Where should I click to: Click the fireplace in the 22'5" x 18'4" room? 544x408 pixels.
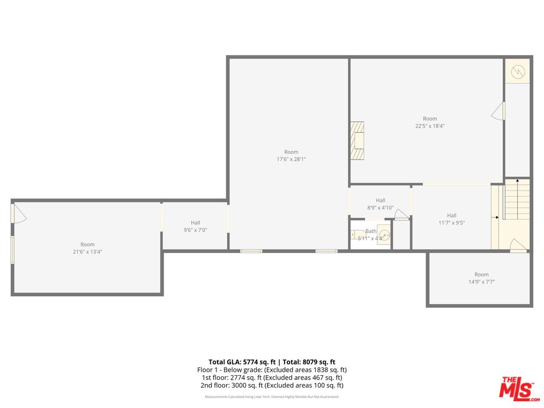pos(357,141)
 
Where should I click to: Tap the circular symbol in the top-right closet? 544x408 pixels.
pos(518,72)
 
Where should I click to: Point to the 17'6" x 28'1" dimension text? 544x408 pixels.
pos(291,159)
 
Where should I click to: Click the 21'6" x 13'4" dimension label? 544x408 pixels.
pos(87,252)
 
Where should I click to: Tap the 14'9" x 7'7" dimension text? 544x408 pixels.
pos(481,282)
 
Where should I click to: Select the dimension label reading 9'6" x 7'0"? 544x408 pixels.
pos(195,230)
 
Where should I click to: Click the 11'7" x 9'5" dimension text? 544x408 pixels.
pos(451,223)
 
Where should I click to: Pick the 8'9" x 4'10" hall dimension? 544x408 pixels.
pos(380,207)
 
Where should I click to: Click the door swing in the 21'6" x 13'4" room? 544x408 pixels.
pos(18,214)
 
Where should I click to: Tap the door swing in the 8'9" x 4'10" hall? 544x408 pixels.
pos(401,214)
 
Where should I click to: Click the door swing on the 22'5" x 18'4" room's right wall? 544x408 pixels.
pos(498,111)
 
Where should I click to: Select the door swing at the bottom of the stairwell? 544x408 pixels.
pos(518,245)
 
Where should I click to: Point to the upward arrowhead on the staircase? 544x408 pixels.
pos(517,180)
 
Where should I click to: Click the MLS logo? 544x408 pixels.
pos(516,388)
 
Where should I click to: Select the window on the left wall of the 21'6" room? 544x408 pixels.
pos(12,249)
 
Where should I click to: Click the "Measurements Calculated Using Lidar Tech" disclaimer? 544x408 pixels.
pos(272,397)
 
